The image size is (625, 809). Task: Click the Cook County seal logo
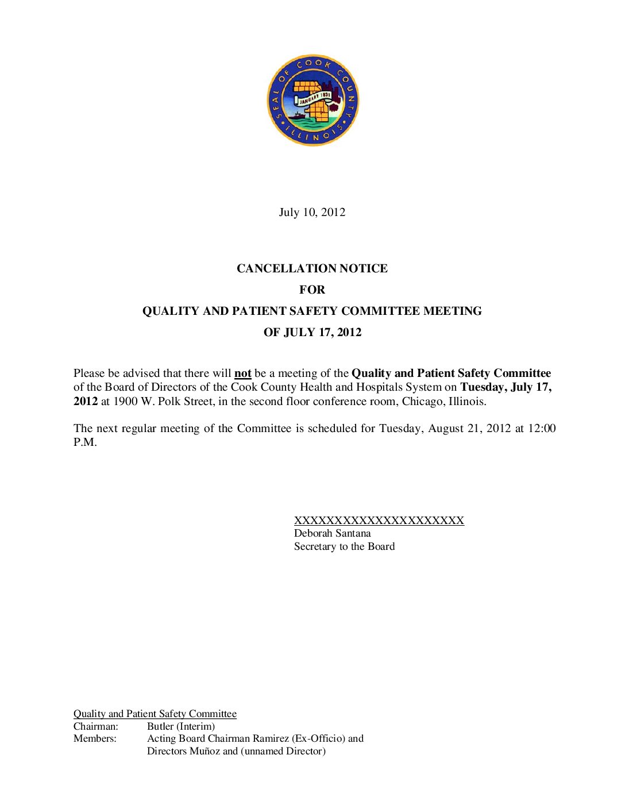click(x=312, y=101)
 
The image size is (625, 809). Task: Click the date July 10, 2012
click(x=312, y=213)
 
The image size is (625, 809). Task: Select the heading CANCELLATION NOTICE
click(x=312, y=268)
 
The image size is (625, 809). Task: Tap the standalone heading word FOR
click(x=312, y=290)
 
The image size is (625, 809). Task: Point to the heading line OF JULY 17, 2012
click(x=312, y=332)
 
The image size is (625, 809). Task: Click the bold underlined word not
click(x=242, y=373)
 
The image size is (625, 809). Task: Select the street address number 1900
click(x=125, y=402)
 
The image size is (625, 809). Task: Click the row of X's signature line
click(x=379, y=521)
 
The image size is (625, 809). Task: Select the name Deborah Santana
click(x=332, y=533)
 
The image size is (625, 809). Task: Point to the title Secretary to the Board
click(x=344, y=546)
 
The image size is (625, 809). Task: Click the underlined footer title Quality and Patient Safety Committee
click(x=155, y=714)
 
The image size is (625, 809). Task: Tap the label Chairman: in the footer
click(x=95, y=726)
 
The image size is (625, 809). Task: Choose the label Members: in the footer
click(x=95, y=739)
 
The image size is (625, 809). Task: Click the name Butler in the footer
click(x=160, y=726)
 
